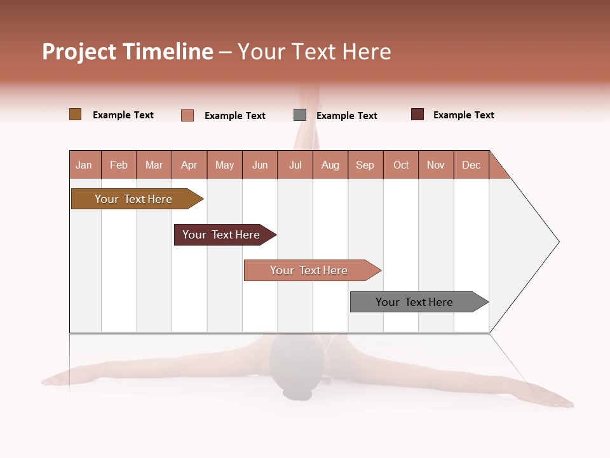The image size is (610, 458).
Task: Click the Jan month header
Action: (x=85, y=165)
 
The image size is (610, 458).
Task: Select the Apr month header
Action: (x=189, y=165)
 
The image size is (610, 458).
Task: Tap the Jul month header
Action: (x=295, y=165)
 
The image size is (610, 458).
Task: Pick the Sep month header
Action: (x=365, y=165)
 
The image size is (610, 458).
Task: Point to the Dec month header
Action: (x=471, y=165)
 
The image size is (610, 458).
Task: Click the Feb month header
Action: (x=119, y=165)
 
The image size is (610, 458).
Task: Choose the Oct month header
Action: (x=401, y=165)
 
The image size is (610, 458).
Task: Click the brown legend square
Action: (x=75, y=114)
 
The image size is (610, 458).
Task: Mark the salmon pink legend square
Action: (x=187, y=115)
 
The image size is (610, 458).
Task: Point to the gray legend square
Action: (x=300, y=115)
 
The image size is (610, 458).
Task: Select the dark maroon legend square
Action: (x=417, y=114)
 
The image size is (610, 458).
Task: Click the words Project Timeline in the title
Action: (x=128, y=52)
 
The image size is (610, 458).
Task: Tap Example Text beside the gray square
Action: (x=347, y=116)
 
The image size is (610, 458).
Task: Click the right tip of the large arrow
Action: (x=557, y=242)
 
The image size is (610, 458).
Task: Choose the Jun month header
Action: (x=260, y=165)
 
